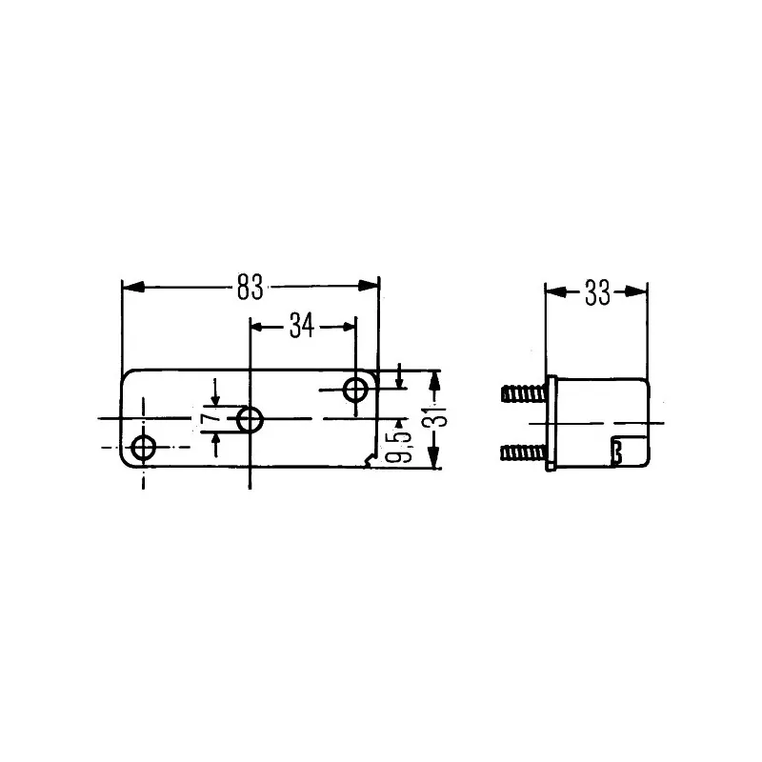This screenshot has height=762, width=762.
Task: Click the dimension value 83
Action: click(x=251, y=286)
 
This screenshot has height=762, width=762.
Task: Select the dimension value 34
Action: click(x=302, y=326)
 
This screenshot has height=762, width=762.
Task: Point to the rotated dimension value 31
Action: click(x=436, y=419)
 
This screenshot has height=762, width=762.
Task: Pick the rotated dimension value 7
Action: click(x=207, y=418)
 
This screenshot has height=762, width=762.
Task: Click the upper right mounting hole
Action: click(x=356, y=389)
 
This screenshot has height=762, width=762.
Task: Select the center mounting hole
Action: click(x=251, y=419)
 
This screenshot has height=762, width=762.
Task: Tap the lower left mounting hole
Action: click(x=145, y=448)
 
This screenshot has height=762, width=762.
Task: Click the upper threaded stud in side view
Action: click(x=522, y=392)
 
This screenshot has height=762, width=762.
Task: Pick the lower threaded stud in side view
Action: click(x=522, y=451)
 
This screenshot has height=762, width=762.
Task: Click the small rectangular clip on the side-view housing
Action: click(x=616, y=451)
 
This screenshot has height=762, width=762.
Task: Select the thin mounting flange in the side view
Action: click(x=551, y=423)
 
